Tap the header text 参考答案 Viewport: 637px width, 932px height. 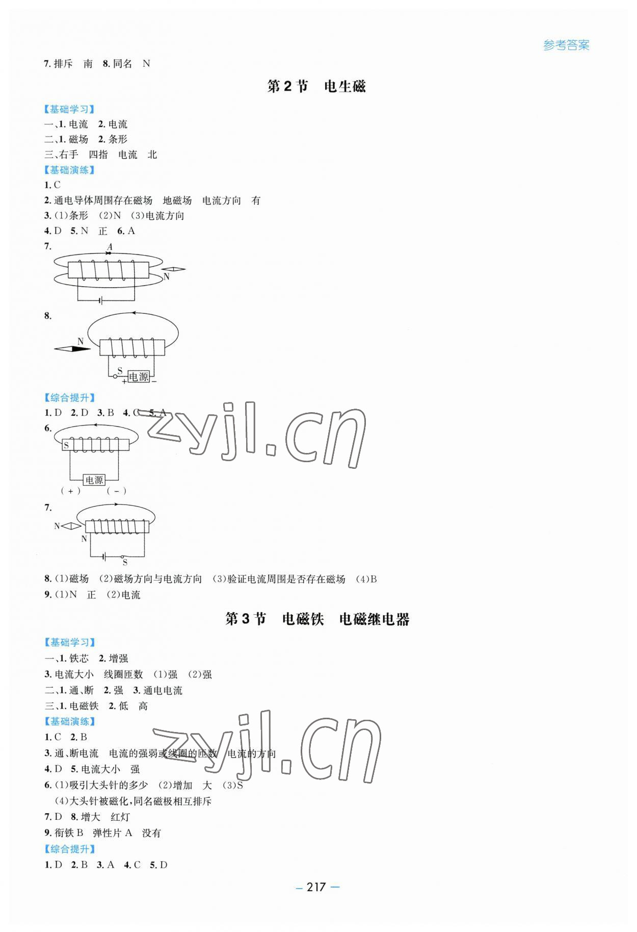click(x=566, y=45)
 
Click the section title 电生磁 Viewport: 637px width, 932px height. click(x=344, y=87)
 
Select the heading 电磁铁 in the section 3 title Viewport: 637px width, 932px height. click(x=303, y=619)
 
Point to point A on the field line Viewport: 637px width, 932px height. click(x=109, y=253)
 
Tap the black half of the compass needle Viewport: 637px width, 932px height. click(x=80, y=349)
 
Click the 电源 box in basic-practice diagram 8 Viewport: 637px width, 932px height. click(x=138, y=376)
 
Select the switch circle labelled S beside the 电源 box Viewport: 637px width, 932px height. click(x=116, y=376)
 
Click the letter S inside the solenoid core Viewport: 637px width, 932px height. click(x=66, y=445)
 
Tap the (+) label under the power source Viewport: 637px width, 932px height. click(x=71, y=491)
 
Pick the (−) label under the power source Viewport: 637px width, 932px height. click(x=117, y=491)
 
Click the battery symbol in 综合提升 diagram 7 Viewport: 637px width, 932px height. click(x=104, y=557)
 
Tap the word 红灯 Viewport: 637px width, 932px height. click(x=120, y=817)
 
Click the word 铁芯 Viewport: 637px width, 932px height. click(x=79, y=659)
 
